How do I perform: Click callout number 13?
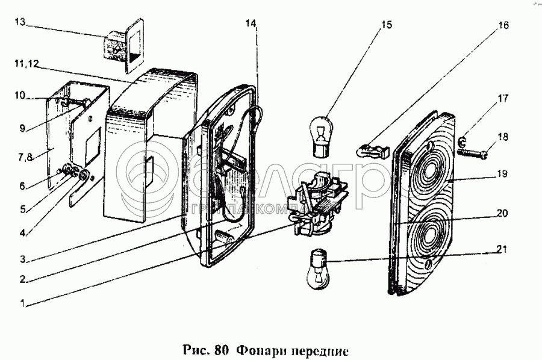pyautogui.click(x=20, y=22)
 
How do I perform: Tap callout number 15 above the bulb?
pyautogui.click(x=386, y=25)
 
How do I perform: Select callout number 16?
pyautogui.click(x=503, y=25)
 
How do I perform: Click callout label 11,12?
pyautogui.click(x=23, y=63)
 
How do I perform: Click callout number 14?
pyautogui.click(x=251, y=23)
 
